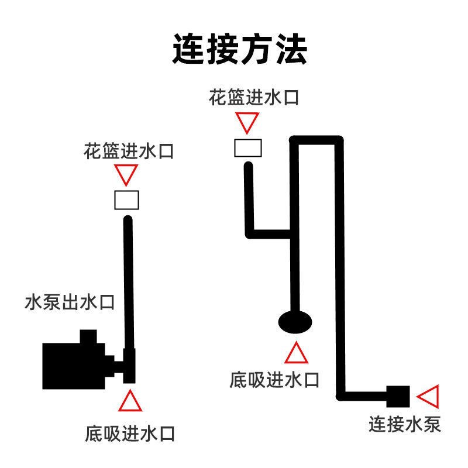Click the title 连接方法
[x=239, y=49]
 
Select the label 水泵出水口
[x=70, y=304]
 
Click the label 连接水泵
[x=404, y=424]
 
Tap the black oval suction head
[x=294, y=321]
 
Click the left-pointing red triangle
[x=429, y=397]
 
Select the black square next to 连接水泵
[x=397, y=396]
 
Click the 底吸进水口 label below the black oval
[x=275, y=380]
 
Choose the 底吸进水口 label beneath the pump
[x=130, y=433]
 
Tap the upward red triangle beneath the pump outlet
[x=129, y=401]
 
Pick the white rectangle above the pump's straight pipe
[x=126, y=200]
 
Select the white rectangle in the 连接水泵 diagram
[x=247, y=147]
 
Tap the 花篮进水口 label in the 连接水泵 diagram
[x=254, y=97]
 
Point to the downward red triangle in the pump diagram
[x=126, y=174]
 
